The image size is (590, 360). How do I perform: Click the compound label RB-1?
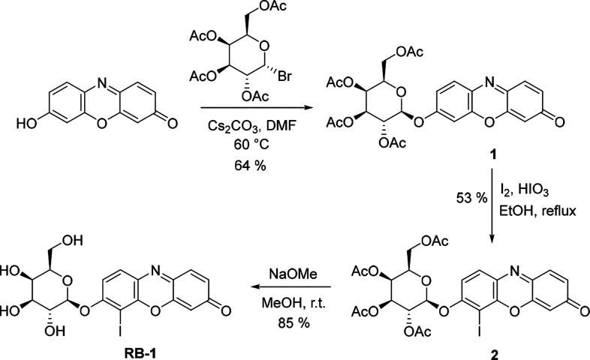pyautogui.click(x=98, y=349)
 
